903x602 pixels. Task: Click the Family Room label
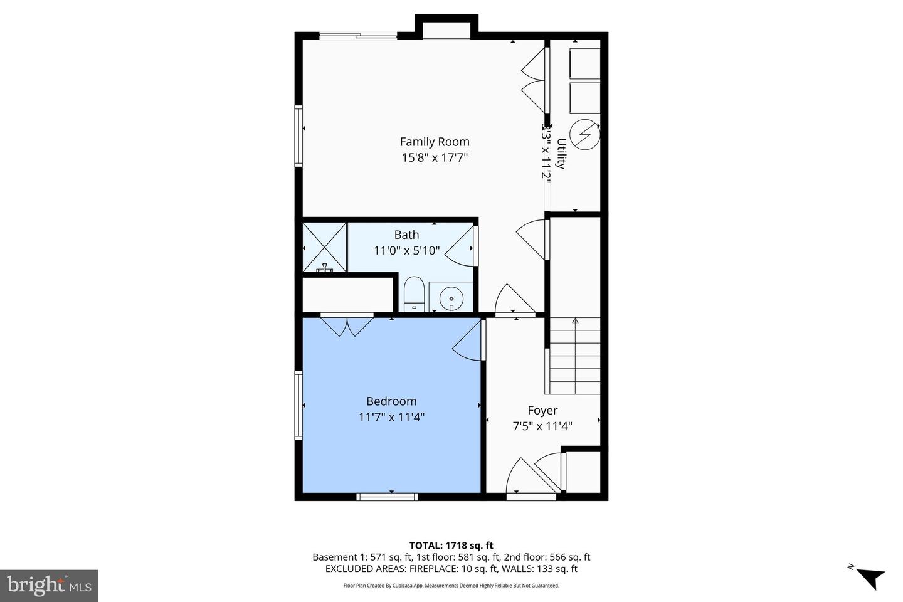click(x=435, y=142)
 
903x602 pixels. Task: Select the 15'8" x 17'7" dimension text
click(x=435, y=158)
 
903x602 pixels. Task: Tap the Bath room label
click(x=406, y=235)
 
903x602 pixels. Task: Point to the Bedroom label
click(x=391, y=401)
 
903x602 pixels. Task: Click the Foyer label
click(x=542, y=410)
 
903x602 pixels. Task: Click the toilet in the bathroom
click(x=413, y=293)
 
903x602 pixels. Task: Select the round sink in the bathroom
click(x=450, y=297)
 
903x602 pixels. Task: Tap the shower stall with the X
click(x=324, y=247)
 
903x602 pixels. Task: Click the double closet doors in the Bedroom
click(x=347, y=326)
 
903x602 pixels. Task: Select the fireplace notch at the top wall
click(x=446, y=28)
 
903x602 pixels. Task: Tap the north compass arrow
click(x=870, y=576)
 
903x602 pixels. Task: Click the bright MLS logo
click(x=49, y=586)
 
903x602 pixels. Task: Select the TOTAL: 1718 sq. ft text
click(x=451, y=546)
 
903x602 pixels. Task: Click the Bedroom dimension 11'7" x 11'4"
click(x=391, y=417)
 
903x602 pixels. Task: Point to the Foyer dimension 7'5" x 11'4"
click(x=542, y=426)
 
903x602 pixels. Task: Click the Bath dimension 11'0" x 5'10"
click(x=406, y=251)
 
